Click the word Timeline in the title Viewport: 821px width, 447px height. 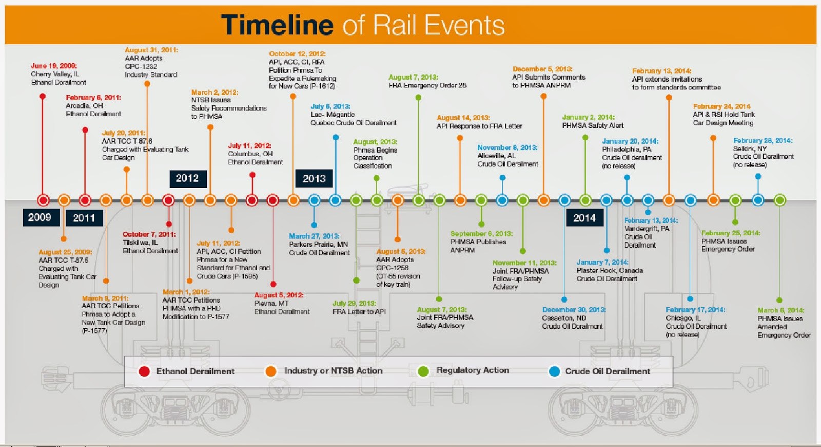coord(277,25)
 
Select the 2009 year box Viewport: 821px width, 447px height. coord(40,217)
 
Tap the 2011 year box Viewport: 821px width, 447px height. coord(84,218)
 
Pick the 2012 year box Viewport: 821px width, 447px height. coord(187,178)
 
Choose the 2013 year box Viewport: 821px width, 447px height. coord(314,179)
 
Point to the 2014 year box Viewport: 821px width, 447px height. coord(584,218)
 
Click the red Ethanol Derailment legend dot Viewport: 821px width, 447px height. coord(144,371)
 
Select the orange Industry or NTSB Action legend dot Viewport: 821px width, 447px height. coord(271,371)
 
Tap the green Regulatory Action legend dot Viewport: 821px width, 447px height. coord(423,371)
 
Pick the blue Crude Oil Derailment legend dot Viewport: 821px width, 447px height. coord(554,371)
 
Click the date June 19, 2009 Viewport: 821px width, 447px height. coord(54,66)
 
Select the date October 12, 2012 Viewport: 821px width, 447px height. coord(297,53)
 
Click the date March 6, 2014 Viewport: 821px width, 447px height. coord(781,310)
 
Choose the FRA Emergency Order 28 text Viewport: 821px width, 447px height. coord(427,85)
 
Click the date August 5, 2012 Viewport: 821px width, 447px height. coord(279,295)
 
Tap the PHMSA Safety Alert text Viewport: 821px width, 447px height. coord(593,125)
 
